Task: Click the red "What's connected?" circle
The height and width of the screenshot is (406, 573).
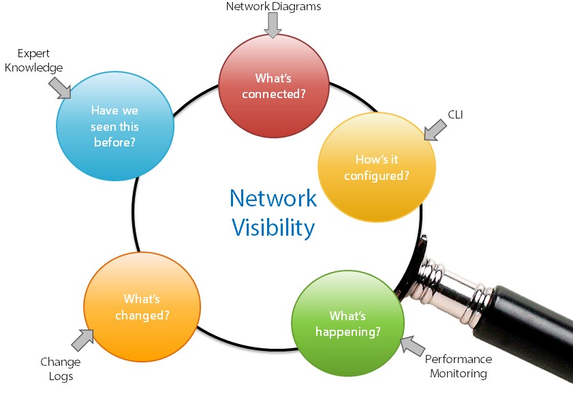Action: [x=274, y=86]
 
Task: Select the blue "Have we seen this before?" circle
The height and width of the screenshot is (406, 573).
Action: [x=115, y=126]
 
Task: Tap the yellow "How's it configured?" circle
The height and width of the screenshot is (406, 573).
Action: [x=377, y=167]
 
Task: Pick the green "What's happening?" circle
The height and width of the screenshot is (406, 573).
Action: [x=348, y=324]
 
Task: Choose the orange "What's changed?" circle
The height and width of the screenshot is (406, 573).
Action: [x=142, y=307]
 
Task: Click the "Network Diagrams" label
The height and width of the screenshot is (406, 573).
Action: [x=273, y=6]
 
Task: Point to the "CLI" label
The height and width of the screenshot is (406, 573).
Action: [x=455, y=114]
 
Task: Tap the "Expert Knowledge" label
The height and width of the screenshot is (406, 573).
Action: [x=33, y=61]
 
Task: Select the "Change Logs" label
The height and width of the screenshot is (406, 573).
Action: [x=61, y=369]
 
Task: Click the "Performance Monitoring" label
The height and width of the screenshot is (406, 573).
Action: [x=459, y=366]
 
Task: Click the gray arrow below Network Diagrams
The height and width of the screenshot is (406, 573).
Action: [x=273, y=25]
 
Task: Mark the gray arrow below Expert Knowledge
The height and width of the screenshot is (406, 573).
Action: [x=60, y=88]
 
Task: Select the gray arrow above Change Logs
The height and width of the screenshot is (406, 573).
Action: [x=82, y=340]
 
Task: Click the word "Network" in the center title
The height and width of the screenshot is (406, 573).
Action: [x=273, y=198]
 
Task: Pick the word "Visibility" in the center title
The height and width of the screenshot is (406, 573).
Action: [x=273, y=228]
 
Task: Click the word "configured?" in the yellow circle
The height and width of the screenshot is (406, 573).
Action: [x=377, y=176]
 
